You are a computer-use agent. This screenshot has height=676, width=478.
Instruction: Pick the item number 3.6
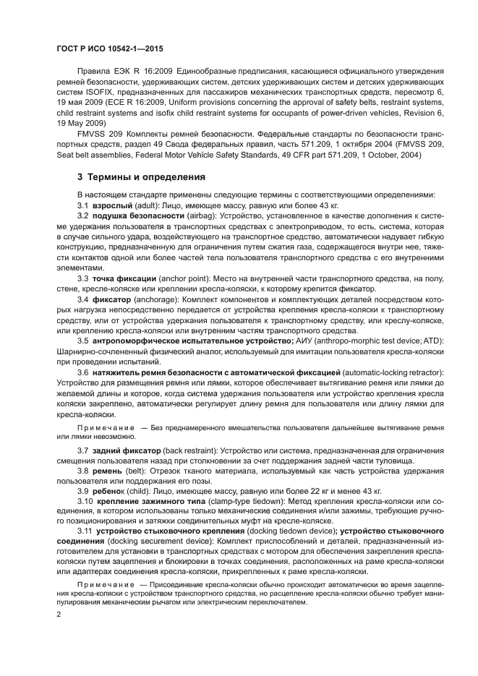82,371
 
